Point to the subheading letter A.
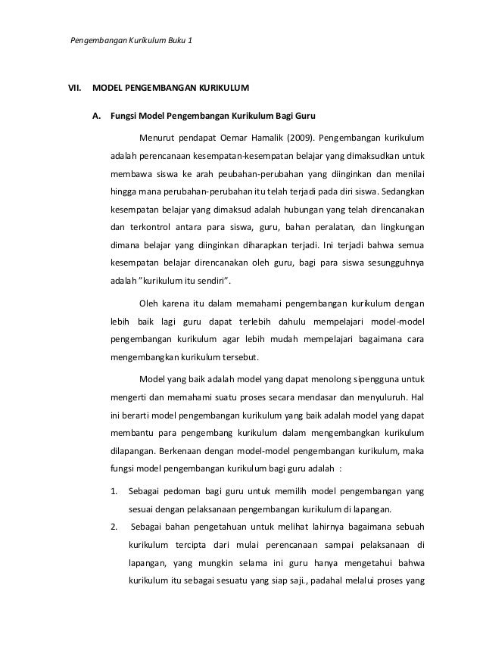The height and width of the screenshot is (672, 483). tap(96, 117)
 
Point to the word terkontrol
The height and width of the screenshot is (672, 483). tap(152, 226)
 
